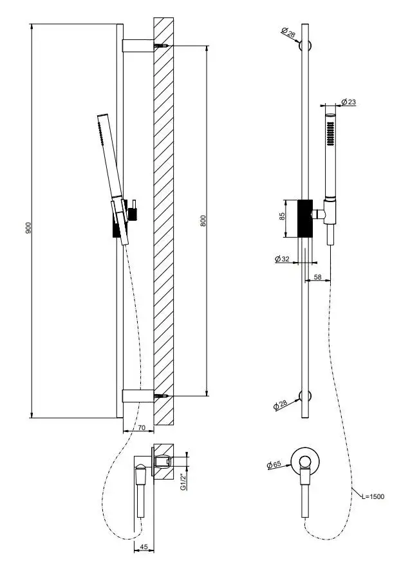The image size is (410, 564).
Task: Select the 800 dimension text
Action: pos(203,220)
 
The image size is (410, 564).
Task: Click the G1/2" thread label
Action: pos(183,482)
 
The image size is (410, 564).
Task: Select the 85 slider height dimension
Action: pos(281,217)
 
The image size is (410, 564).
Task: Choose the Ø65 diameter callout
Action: pos(274,464)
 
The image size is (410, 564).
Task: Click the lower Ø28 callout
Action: pos(280,404)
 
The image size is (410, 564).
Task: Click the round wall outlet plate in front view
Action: pos(306,460)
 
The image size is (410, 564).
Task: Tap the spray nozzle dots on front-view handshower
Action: pos(331,132)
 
